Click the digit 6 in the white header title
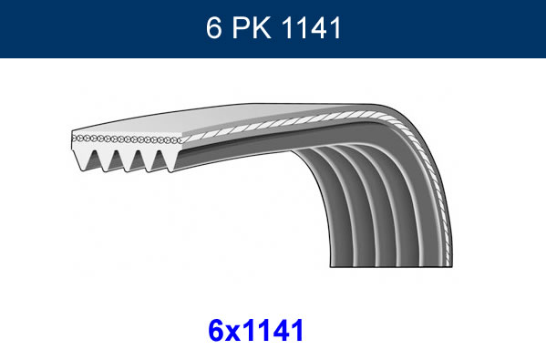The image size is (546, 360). pos(213,28)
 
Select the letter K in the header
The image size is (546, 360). pos(262,28)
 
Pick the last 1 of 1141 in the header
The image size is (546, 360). pos(335,28)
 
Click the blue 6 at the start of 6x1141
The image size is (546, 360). pos(216,331)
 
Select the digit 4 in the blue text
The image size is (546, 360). pos(281,331)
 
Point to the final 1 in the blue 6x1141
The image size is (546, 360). pos(297,331)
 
